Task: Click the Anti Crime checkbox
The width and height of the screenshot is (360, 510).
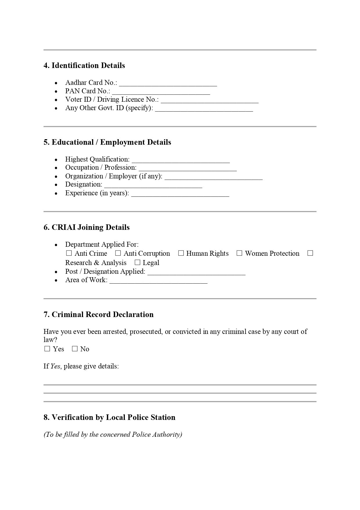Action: click(69, 253)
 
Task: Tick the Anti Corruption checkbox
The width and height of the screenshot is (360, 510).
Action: click(118, 253)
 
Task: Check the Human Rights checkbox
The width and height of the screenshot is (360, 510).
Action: click(181, 253)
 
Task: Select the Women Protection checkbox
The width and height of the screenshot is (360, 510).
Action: click(240, 253)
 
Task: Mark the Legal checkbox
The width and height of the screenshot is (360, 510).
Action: click(138, 263)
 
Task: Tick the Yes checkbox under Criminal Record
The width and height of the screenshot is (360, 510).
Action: click(47, 349)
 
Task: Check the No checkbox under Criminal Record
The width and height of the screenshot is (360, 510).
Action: click(75, 349)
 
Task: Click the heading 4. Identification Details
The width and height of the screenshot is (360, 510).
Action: click(84, 65)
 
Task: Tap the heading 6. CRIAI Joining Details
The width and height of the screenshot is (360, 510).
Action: click(87, 227)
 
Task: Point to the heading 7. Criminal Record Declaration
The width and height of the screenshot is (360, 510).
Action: click(98, 314)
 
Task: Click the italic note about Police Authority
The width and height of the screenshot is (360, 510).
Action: click(113, 434)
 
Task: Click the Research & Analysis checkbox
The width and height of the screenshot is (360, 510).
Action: click(310, 253)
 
